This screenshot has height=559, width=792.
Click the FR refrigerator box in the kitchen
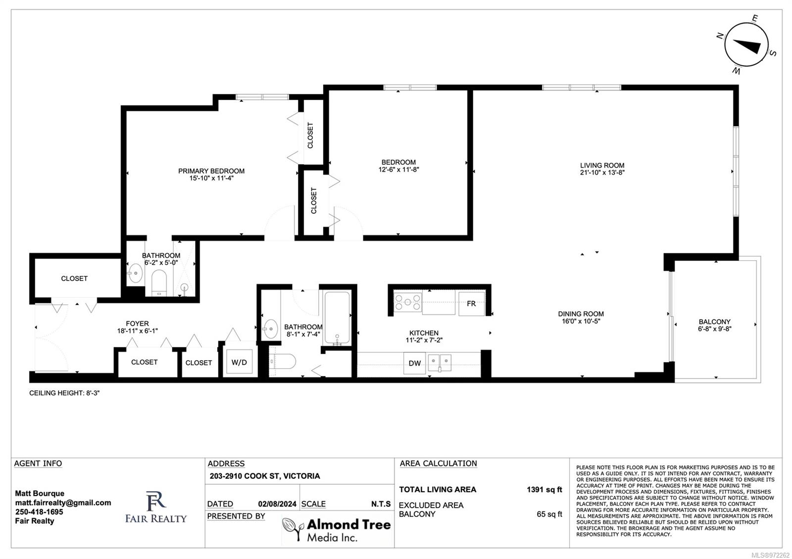tap(471, 304)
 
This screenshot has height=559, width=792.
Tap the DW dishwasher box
tap(415, 363)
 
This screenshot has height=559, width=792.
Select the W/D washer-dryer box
tap(240, 362)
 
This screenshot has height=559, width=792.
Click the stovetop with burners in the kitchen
tap(408, 302)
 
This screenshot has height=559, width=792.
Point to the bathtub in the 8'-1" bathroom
tap(337, 317)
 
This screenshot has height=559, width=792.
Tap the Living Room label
tap(602, 165)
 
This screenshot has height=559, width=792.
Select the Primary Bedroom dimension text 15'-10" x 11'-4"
tap(211, 178)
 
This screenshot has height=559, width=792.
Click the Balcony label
tap(715, 322)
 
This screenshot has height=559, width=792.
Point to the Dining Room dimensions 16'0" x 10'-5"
tap(581, 321)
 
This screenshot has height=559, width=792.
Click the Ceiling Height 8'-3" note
tap(64, 393)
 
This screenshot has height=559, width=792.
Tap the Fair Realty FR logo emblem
tap(156, 501)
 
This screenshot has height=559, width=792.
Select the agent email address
tap(63, 503)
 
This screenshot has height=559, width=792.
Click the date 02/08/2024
tap(277, 504)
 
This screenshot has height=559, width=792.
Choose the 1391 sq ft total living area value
tap(544, 489)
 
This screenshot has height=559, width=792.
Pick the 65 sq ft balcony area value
tap(549, 514)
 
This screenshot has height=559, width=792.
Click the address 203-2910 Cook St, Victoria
tap(265, 476)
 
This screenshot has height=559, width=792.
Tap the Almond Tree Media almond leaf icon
tap(293, 528)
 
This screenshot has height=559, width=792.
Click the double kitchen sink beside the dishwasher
tap(440, 363)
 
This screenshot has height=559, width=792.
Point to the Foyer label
tap(137, 324)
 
